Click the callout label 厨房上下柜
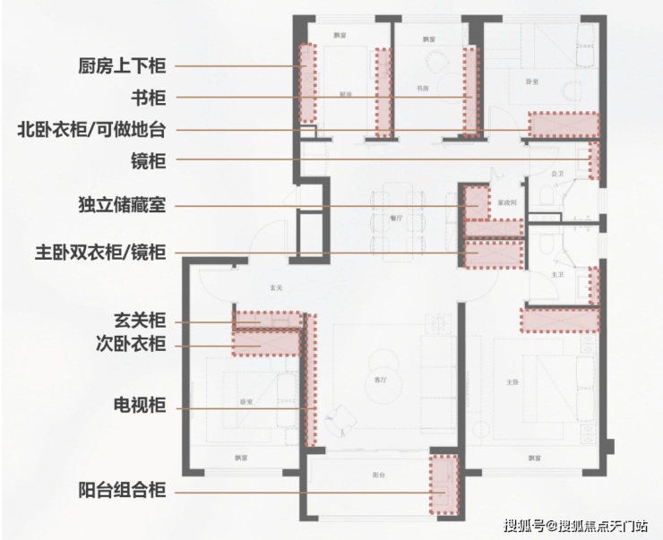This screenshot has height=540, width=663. pyautogui.click(x=121, y=65)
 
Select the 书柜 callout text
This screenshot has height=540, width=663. pyautogui.click(x=149, y=98)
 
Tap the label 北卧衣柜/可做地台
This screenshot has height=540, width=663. pyautogui.click(x=90, y=130)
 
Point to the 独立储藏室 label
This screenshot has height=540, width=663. pyautogui.click(x=121, y=206)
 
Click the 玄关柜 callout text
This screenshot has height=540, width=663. pyautogui.click(x=140, y=321)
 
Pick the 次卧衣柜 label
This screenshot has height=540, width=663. pyautogui.click(x=130, y=345)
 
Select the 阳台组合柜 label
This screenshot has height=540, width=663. pyautogui.click(x=121, y=492)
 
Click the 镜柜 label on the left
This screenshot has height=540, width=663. pyautogui.click(x=149, y=161)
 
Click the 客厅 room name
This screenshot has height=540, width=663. pyautogui.click(x=381, y=380)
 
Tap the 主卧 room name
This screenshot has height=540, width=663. pyautogui.click(x=512, y=382)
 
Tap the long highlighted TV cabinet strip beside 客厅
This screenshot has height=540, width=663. pyautogui.click(x=311, y=380)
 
